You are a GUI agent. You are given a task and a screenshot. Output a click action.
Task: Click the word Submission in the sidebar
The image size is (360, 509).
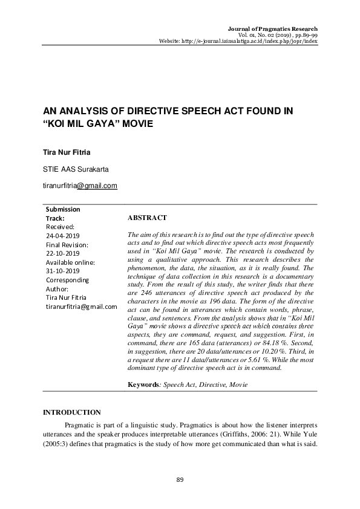tap(63, 209)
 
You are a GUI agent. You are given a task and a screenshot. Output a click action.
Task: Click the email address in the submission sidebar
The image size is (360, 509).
tap(81, 306)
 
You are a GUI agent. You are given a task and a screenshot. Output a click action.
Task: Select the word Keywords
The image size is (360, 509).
tap(145, 384)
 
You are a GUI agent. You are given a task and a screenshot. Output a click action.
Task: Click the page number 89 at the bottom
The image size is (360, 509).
tap(180, 479)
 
